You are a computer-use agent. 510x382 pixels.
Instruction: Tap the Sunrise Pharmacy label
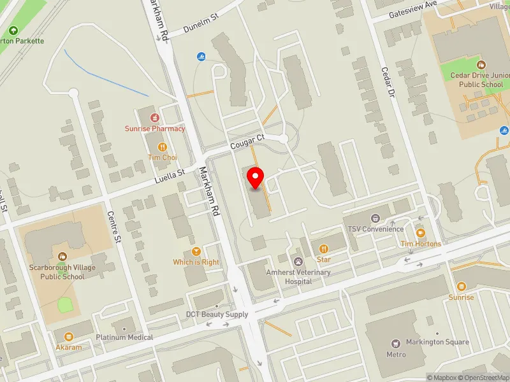click(x=155, y=129)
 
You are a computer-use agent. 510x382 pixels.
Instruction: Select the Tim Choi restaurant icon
click(x=154, y=146)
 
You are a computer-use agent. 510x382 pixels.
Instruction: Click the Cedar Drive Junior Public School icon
click(x=482, y=64)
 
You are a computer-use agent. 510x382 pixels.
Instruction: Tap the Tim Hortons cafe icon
click(x=420, y=233)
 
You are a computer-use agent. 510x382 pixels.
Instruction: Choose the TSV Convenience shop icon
click(x=375, y=218)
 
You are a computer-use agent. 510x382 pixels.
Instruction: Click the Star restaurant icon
click(x=323, y=248)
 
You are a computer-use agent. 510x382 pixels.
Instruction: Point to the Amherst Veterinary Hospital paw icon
click(x=298, y=261)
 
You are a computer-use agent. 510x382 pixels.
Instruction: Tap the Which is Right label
click(x=196, y=262)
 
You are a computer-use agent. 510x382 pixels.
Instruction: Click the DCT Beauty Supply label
click(x=217, y=315)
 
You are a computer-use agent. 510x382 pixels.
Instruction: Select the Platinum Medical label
click(x=124, y=337)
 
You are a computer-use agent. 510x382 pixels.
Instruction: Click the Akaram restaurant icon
click(x=68, y=336)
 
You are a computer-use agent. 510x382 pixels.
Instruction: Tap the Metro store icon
click(x=396, y=343)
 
